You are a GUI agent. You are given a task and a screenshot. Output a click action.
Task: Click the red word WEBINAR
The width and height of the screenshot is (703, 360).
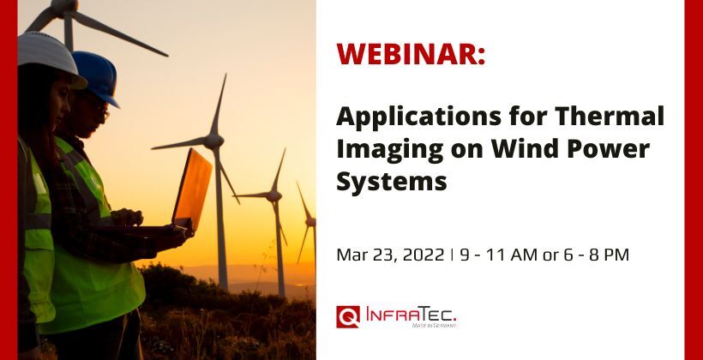tap(411, 53)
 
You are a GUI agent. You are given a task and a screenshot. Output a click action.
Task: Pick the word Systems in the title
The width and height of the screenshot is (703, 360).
tap(392, 182)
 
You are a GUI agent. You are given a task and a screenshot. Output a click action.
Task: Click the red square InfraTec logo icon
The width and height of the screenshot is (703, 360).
tap(348, 316)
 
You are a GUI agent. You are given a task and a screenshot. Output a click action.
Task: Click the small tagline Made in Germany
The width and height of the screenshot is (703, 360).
tap(435, 326)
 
